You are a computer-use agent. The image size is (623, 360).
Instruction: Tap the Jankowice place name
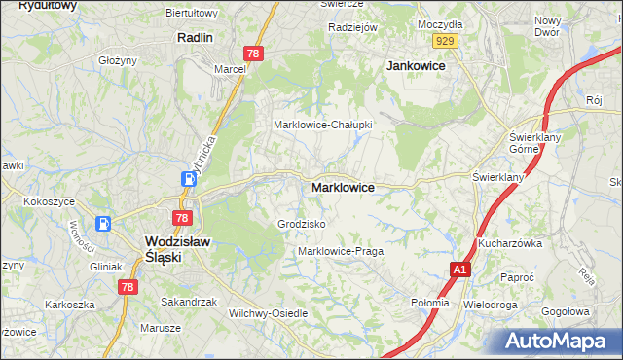click(x=416, y=65)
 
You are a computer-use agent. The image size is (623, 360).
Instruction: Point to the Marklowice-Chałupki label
click(x=322, y=125)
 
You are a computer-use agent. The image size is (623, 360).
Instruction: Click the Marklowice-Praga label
click(x=340, y=251)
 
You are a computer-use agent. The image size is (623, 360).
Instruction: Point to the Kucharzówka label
click(x=509, y=243)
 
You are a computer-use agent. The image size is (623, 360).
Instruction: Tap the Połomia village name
click(x=429, y=303)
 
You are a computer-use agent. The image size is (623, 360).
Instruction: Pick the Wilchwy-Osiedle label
click(x=268, y=313)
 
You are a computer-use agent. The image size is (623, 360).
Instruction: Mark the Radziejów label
click(x=352, y=27)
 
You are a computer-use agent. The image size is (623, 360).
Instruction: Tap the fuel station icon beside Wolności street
click(x=102, y=222)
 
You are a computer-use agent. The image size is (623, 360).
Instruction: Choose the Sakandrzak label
click(x=189, y=302)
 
